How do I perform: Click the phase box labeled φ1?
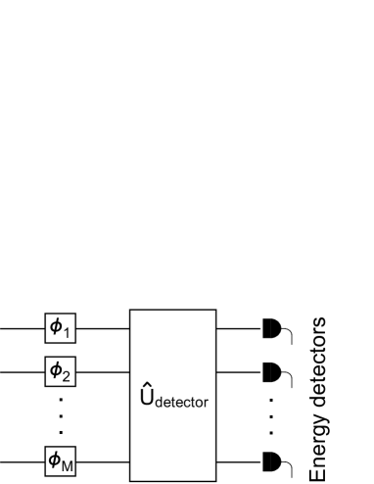click(x=61, y=329)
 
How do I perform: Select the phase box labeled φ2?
click(x=61, y=372)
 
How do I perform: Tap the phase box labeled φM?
click(x=61, y=459)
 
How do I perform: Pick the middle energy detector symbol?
click(x=271, y=372)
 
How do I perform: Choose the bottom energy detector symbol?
click(x=271, y=459)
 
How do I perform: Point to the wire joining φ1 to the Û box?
click(x=103, y=329)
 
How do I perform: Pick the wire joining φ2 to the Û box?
click(x=103, y=372)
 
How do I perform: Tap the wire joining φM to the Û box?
click(x=103, y=459)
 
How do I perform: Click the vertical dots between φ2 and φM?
click(x=61, y=415)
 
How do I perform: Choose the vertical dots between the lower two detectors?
click(x=271, y=415)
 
